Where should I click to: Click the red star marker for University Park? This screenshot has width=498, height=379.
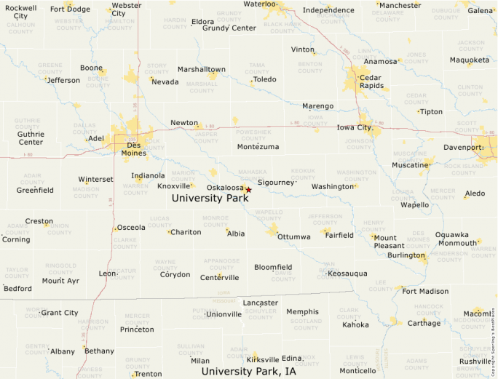click(x=248, y=190)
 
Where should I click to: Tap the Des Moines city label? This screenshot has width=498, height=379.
click(x=133, y=148)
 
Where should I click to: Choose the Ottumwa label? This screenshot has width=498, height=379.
click(x=293, y=237)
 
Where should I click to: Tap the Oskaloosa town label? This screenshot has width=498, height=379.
click(x=225, y=187)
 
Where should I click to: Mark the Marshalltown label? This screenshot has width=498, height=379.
click(x=202, y=69)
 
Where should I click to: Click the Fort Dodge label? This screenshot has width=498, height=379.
click(x=70, y=9)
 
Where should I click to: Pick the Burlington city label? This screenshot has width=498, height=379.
click(x=406, y=255)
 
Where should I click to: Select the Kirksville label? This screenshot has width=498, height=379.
click(x=262, y=359)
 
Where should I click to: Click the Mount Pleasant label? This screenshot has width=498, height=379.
click(x=384, y=242)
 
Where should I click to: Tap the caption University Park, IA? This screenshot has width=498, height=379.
click(x=249, y=371)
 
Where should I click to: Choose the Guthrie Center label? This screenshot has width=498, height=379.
click(x=31, y=138)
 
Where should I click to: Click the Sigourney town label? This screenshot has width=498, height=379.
click(x=275, y=183)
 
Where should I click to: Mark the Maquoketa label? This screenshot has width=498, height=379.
click(x=470, y=60)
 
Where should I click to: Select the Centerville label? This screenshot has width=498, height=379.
click(x=219, y=277)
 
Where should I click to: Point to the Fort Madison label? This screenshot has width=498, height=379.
click(x=425, y=291)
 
